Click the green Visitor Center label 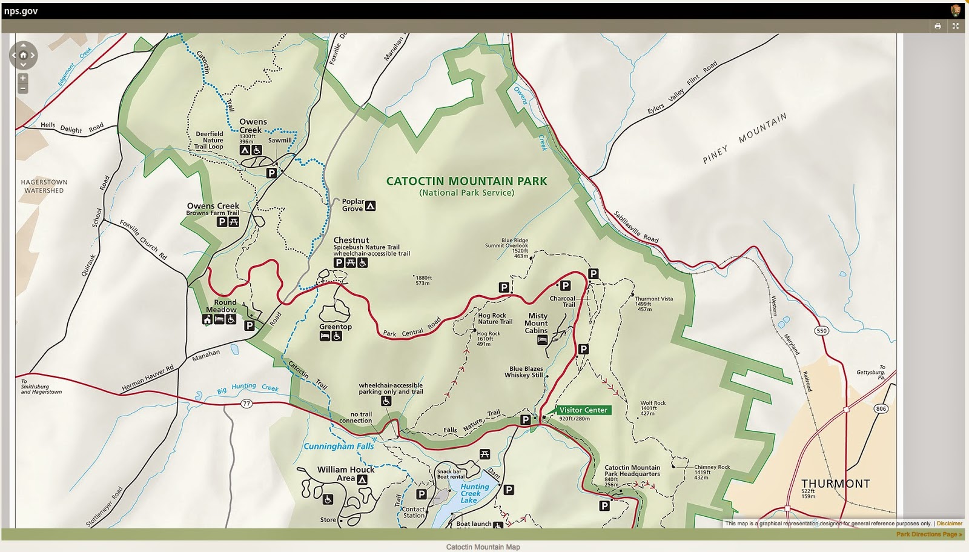583,410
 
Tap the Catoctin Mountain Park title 466,181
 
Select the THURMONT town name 835,484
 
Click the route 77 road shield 246,404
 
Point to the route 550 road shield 821,331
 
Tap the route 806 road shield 881,409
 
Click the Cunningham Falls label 339,447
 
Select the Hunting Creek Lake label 474,493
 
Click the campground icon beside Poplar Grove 371,206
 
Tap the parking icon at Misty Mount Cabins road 583,349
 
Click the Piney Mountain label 744,138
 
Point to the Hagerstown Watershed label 44,186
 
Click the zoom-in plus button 23,78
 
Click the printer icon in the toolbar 938,26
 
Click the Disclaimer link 949,524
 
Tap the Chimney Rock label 712,467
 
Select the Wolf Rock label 653,403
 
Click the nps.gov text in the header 21,11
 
